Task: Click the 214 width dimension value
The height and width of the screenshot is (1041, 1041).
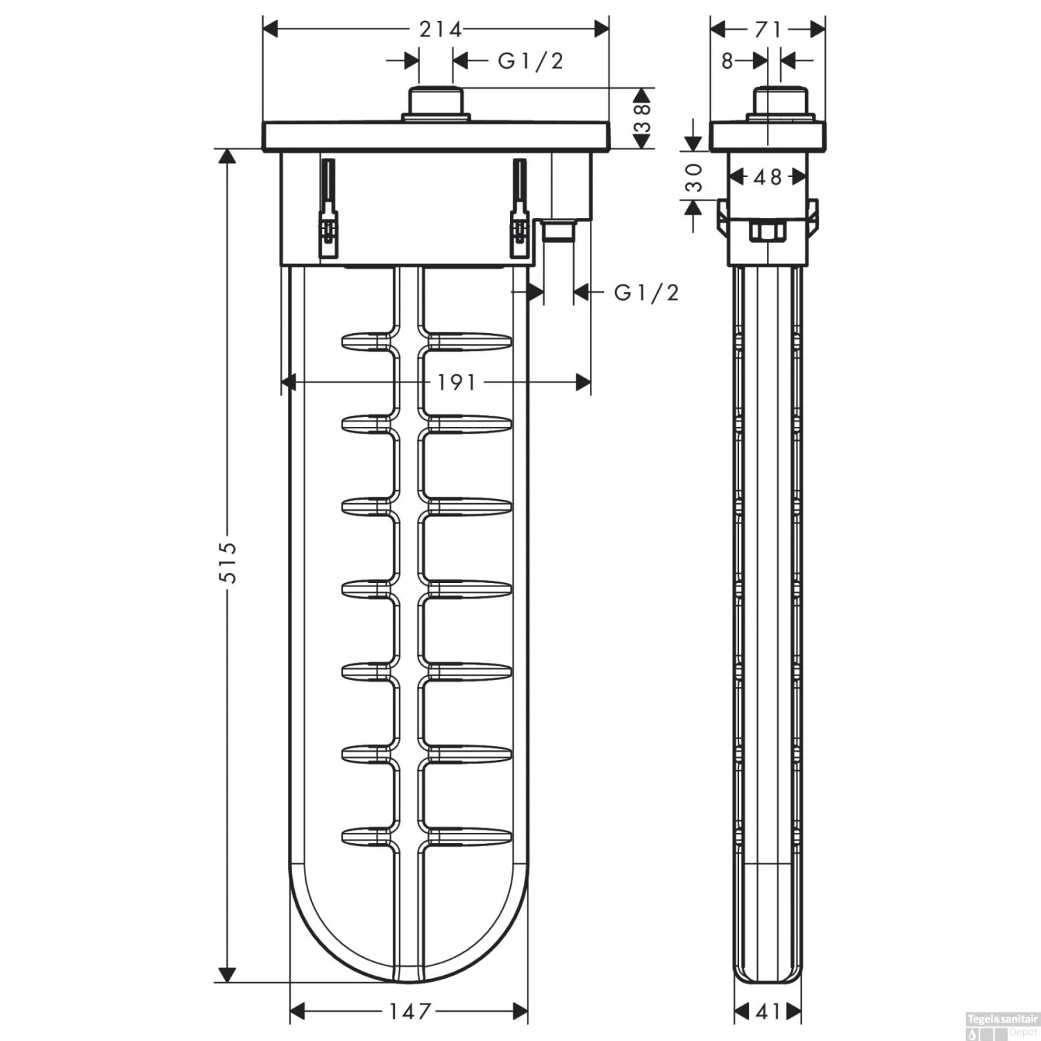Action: [x=440, y=29]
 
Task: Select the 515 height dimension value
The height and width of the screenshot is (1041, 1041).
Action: [x=227, y=561]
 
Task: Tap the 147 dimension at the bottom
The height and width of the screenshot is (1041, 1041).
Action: [x=409, y=1011]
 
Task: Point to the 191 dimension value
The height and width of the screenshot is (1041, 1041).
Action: [x=456, y=382]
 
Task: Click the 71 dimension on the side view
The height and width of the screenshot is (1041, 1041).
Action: [x=768, y=29]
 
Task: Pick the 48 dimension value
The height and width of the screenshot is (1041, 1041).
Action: [x=768, y=178]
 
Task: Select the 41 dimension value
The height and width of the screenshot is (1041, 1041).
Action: [x=768, y=1012]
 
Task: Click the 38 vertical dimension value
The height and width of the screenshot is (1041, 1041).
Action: [x=643, y=118]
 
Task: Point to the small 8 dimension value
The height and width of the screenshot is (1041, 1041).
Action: [x=727, y=62]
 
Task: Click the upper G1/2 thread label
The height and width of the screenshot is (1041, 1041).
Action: [x=530, y=61]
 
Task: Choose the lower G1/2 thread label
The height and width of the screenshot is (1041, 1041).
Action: [x=646, y=293]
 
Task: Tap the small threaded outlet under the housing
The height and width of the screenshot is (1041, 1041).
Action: [x=559, y=230]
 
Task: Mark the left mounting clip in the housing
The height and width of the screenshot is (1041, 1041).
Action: [x=327, y=208]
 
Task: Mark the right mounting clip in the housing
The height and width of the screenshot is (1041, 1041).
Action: [x=518, y=208]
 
